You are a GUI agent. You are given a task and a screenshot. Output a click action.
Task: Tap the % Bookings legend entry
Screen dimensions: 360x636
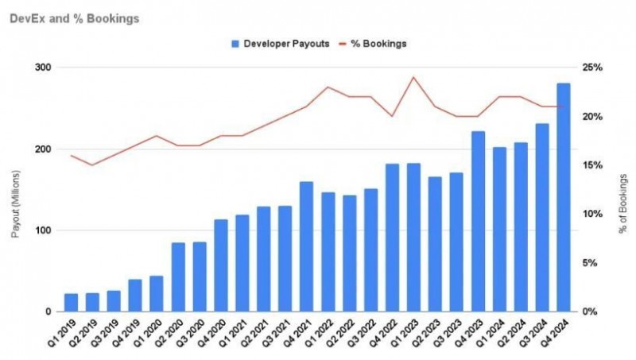tap(374, 44)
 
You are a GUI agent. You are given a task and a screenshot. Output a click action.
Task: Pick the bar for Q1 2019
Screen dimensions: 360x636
tap(71, 303)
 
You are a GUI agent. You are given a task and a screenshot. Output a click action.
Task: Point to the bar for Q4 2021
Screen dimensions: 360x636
tap(306, 246)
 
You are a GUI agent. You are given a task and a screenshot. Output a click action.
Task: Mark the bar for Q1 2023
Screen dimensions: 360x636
tap(413, 238)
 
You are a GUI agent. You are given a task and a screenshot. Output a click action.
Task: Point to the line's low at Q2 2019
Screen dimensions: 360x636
tap(92, 165)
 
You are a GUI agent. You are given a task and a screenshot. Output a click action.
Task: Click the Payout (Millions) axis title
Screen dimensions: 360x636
tap(15, 190)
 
